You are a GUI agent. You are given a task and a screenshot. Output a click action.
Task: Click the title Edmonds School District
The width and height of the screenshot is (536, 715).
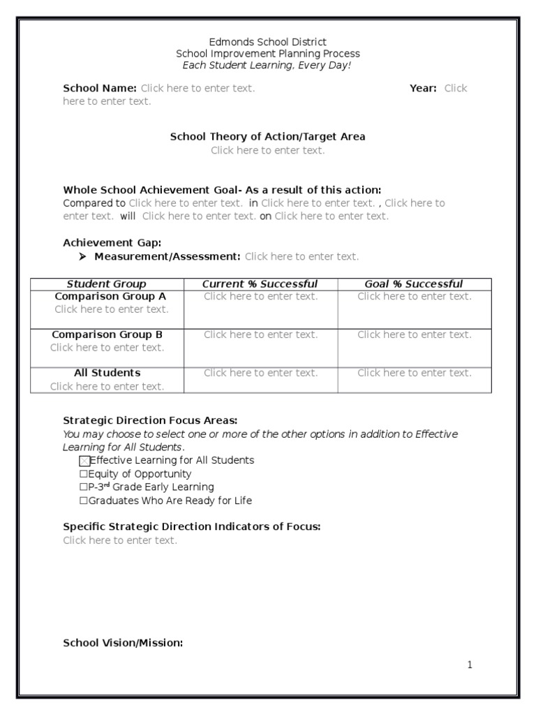coord(268,42)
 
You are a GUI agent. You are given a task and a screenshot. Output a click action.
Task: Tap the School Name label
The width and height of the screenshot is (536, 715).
coord(99,88)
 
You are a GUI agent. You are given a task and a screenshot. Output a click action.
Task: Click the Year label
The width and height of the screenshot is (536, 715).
coord(423,88)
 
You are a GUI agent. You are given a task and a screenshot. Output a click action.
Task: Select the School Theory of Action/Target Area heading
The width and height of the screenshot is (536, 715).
coord(268,137)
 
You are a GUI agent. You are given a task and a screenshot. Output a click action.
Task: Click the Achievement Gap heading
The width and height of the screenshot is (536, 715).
coord(112,243)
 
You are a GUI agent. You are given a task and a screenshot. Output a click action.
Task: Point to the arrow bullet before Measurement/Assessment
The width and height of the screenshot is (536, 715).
coord(83,257)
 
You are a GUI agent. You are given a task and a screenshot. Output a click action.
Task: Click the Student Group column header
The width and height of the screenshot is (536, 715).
coord(107,283)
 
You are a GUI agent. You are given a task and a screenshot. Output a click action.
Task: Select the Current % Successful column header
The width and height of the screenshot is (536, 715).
coord(260,283)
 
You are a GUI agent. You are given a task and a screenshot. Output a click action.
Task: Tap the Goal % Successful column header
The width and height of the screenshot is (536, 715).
coord(414,283)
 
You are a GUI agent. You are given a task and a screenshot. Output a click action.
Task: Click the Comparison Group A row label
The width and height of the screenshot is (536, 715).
coord(110,296)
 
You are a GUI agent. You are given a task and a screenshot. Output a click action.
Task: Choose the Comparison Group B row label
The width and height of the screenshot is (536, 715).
coord(107,334)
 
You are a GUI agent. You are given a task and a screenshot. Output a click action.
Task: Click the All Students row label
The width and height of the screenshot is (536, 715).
coord(107,373)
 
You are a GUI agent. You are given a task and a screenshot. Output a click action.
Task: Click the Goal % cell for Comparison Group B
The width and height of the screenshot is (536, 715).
coord(415,335)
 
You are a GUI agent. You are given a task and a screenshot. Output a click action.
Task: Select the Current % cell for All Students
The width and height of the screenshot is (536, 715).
coord(260,374)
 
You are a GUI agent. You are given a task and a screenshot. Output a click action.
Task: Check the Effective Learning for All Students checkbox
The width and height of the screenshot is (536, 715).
coord(84,461)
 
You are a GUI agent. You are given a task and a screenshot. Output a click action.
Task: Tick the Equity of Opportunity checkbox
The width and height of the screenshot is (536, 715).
coord(83,474)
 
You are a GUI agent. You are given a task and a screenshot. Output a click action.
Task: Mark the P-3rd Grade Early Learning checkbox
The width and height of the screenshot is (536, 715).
coord(83,487)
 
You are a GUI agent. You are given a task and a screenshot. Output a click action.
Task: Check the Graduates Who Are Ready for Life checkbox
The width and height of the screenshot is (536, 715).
coord(83,501)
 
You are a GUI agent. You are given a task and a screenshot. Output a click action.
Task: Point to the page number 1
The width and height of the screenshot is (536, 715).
coord(470,665)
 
